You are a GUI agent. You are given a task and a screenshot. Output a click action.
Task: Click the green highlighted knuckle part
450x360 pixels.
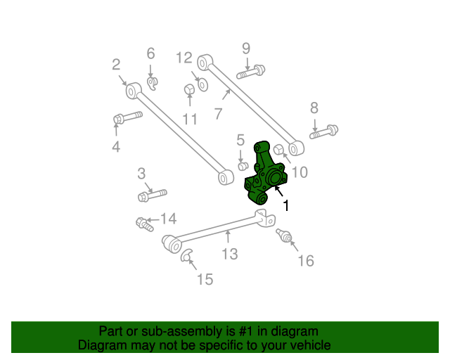point(265,175)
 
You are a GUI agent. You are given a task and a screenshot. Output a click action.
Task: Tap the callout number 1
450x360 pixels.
point(285,205)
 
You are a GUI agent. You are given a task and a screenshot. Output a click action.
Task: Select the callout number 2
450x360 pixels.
point(116,65)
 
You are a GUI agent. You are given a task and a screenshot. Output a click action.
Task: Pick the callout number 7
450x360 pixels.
point(219,112)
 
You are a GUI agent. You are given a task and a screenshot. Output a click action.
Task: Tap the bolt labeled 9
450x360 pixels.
point(251,71)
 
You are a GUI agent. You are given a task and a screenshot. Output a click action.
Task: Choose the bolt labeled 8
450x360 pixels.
point(324,131)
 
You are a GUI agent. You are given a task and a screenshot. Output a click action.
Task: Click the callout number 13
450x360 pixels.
point(230,254)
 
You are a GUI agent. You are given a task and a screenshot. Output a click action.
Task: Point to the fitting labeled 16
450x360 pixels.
point(285,236)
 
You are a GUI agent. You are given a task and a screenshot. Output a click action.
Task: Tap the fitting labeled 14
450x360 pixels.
point(145,224)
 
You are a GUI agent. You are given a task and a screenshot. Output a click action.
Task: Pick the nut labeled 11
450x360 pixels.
point(189,89)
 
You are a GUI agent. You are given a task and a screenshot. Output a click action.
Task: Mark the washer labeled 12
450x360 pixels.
point(202,84)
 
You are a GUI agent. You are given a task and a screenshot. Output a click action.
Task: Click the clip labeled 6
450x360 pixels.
point(153,82)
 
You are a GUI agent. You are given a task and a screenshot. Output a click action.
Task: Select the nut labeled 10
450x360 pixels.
point(278,149)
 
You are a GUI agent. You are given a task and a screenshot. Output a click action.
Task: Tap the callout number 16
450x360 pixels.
point(305,262)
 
